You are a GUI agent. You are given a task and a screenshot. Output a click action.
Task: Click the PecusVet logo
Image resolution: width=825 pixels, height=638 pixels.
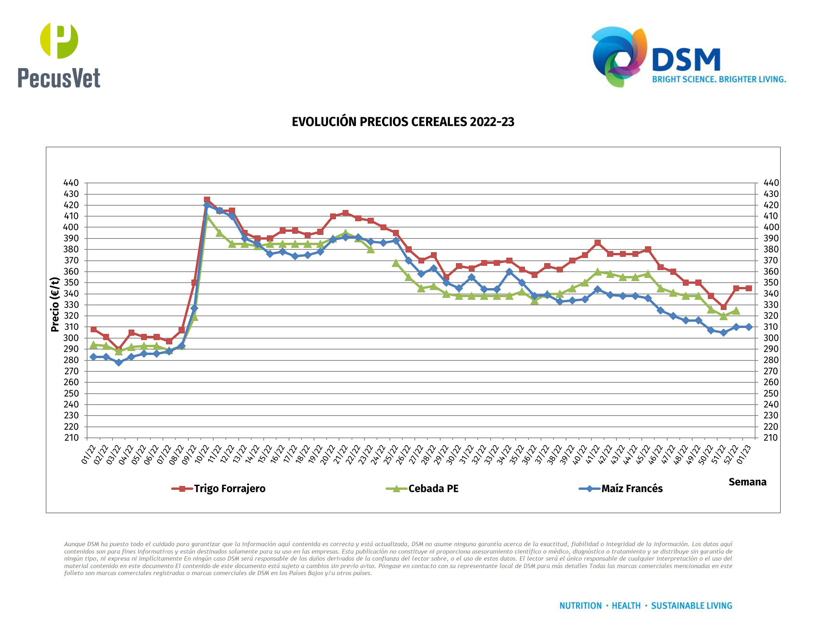coord(59,55)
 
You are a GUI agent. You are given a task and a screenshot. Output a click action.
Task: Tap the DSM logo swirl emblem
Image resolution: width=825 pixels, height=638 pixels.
coord(619,57)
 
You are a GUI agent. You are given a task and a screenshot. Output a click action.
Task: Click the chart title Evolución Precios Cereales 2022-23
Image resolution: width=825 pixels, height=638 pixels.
coord(403,122)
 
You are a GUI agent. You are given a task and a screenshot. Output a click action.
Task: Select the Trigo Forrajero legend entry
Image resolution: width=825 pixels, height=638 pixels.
coord(219,489)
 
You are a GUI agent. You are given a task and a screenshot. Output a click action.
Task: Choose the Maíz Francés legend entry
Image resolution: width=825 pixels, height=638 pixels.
coord(621,489)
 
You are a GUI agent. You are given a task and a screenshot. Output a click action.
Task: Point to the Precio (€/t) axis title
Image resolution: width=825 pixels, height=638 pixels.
coord(55,305)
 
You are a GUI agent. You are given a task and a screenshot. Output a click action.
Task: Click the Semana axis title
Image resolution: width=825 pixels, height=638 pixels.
coord(747,482)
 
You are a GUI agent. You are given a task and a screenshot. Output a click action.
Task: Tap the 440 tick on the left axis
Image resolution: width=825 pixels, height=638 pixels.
coord(71,183)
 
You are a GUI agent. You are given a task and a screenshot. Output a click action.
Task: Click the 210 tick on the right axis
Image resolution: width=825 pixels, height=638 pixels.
coord(771,438)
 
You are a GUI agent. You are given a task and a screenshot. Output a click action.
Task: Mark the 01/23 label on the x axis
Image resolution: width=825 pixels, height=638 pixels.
coord(744,455)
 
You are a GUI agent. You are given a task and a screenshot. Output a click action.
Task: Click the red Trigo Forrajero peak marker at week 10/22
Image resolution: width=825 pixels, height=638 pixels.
coord(207,200)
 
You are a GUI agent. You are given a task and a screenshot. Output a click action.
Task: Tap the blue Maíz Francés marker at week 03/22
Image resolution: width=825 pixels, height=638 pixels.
coord(119,362)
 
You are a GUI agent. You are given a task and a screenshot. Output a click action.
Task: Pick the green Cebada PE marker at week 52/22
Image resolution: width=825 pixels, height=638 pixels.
coord(736,311)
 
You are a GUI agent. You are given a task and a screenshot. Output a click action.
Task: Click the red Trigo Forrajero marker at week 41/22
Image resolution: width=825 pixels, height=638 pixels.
coord(597,243)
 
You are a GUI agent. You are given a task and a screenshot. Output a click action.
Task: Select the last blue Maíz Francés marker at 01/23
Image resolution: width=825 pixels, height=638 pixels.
coord(748,327)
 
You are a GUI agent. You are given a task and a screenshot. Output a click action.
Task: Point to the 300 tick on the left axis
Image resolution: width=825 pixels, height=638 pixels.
coord(71,338)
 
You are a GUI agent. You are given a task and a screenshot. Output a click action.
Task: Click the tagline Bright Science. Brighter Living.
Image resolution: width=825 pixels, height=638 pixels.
coord(719,79)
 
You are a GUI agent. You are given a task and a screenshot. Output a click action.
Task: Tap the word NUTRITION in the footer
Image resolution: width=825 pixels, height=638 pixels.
coord(580,606)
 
